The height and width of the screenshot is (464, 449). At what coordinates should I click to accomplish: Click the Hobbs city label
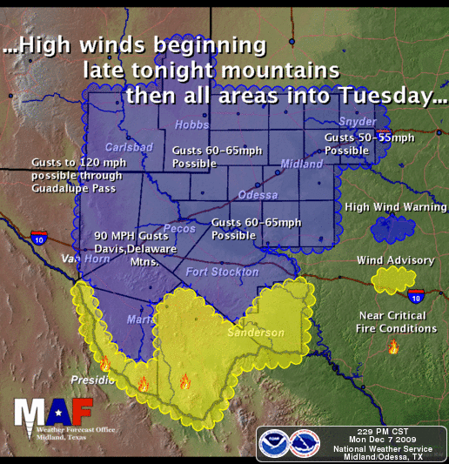point(191,126)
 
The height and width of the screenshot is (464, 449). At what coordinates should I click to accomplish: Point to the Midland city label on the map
point(302,164)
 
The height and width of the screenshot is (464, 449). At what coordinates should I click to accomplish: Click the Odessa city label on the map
point(258,194)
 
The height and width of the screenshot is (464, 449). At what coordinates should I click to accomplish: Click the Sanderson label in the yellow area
point(256,333)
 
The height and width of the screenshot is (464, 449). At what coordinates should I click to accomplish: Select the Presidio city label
point(92,380)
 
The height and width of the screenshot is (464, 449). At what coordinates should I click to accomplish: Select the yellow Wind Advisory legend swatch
point(392,280)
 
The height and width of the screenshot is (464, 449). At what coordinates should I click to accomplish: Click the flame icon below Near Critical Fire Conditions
point(393,346)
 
